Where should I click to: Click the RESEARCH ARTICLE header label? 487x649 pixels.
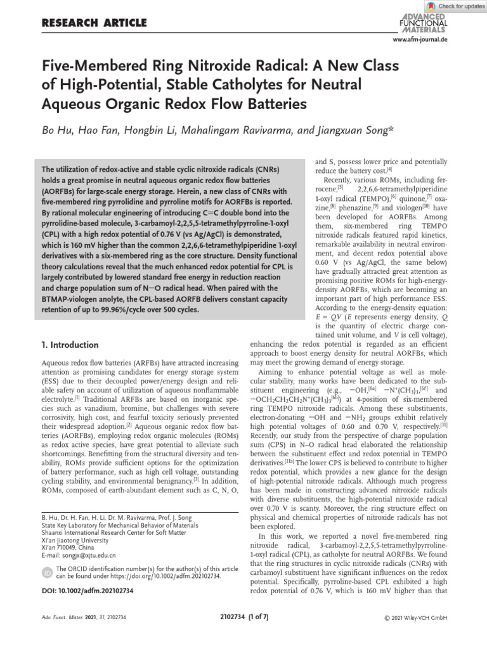(93, 23)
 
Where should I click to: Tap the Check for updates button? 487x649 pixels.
(456, 6)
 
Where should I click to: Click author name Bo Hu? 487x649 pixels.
(56, 130)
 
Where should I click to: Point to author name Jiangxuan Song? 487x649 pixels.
(356, 130)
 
